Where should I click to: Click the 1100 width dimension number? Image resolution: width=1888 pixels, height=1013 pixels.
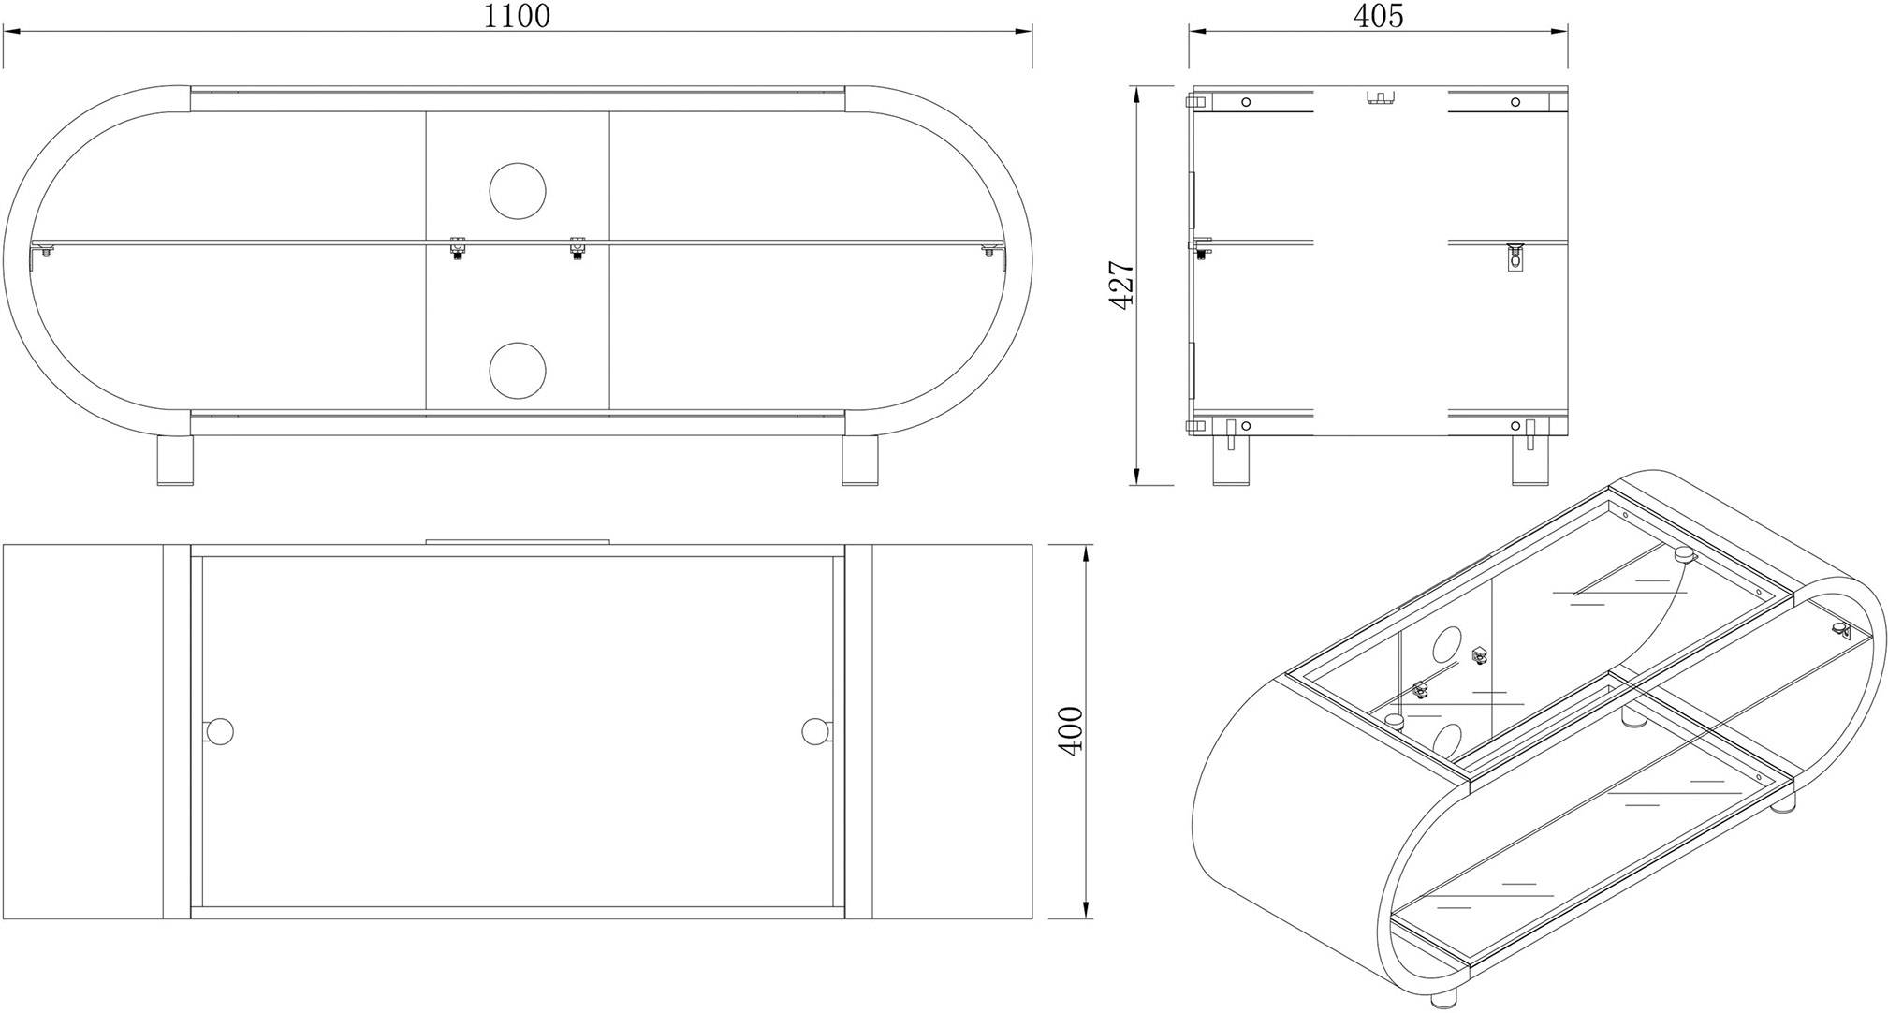[x=516, y=16]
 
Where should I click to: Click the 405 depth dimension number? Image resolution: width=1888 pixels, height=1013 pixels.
[x=1378, y=16]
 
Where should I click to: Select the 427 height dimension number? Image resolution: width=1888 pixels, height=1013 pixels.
[x=1120, y=285]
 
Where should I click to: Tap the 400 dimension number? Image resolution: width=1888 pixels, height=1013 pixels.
[x=1070, y=731]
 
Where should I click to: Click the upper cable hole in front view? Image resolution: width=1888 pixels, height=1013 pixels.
[x=517, y=191]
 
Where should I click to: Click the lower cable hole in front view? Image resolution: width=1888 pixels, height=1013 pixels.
[x=517, y=370]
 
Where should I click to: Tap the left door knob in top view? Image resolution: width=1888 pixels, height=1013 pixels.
[x=217, y=731]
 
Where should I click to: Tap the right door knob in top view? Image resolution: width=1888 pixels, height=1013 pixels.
[x=816, y=731]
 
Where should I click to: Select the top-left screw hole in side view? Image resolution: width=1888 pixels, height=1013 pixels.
[x=1246, y=102]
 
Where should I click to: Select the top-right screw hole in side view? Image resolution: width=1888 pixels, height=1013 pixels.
[x=1515, y=102]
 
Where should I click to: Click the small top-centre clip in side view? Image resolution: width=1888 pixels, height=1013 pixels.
[x=1380, y=97]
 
